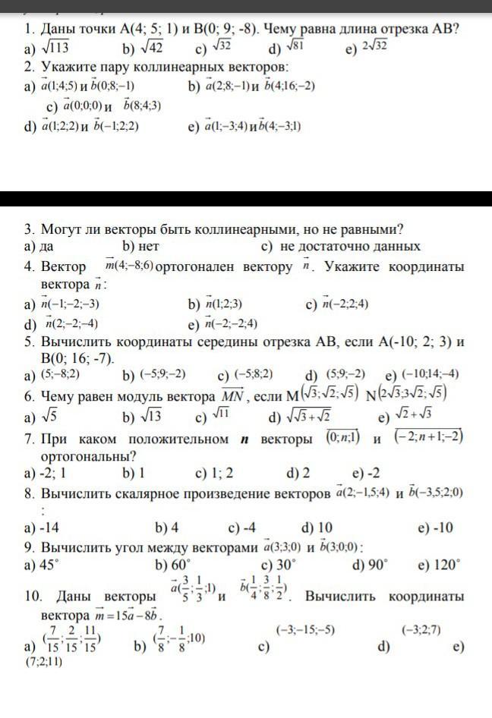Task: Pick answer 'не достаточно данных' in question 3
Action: coord(350,247)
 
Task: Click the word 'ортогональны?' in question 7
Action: coord(88,456)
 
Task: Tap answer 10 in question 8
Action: coord(324,527)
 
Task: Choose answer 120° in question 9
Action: coord(447,565)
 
